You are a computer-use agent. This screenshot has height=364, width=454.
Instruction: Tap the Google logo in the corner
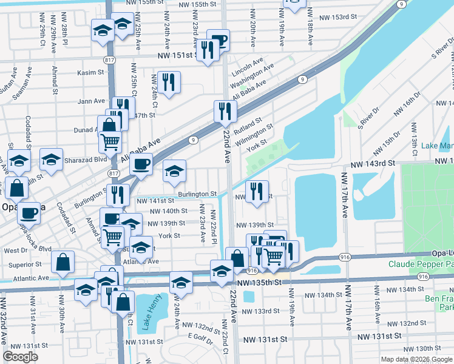click(21, 356)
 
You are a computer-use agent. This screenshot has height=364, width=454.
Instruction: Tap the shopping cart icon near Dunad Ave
click(110, 141)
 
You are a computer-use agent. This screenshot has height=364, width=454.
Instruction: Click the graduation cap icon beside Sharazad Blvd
click(52, 159)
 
